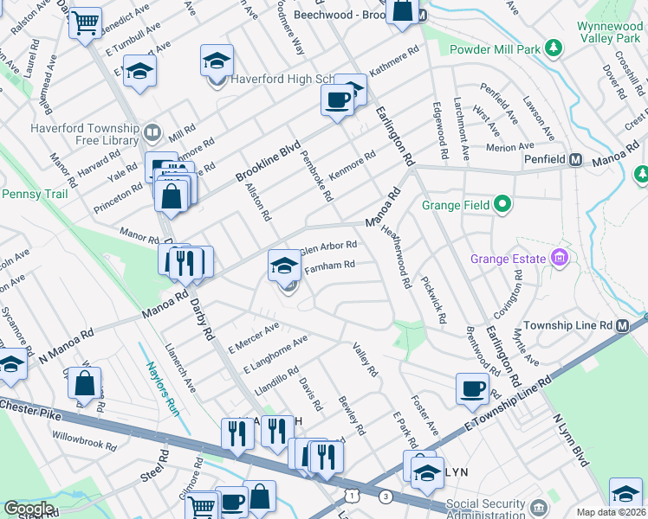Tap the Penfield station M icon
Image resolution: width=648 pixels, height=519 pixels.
576,160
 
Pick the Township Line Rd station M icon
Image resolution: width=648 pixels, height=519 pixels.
621,325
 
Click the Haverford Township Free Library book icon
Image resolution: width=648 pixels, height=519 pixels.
152,132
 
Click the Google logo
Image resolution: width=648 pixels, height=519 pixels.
29,509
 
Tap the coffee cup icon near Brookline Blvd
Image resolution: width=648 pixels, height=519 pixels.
337,99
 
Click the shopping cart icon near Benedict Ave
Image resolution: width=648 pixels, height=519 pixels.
85,23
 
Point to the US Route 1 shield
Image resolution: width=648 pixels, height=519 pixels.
351,493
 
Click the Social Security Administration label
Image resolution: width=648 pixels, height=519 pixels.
485,509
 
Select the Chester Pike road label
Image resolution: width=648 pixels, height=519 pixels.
31,409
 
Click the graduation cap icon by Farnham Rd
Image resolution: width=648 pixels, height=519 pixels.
283,266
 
